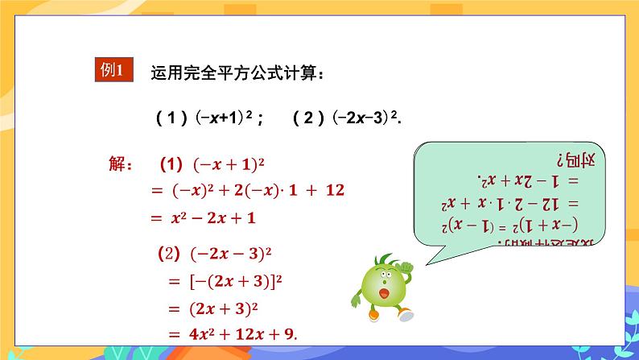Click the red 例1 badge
(111, 69)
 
